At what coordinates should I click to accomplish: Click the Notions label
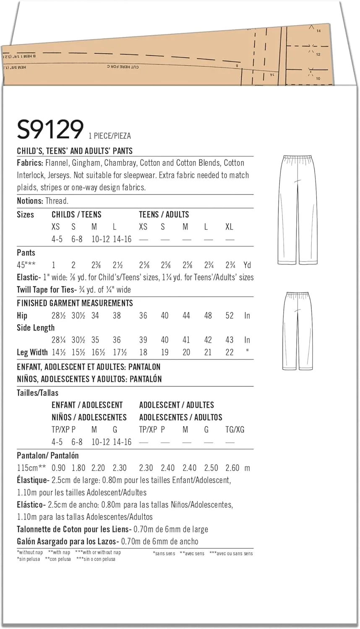(x=30, y=201)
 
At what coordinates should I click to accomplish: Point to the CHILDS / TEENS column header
(x=76, y=215)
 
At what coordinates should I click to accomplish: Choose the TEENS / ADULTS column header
(x=164, y=215)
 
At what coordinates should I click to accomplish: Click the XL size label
(x=229, y=227)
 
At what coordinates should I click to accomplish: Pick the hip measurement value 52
(x=229, y=316)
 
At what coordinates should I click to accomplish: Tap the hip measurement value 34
(x=95, y=316)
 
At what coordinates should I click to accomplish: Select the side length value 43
(x=229, y=340)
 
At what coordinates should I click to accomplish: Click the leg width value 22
(x=229, y=353)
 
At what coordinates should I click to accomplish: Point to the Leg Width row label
(x=32, y=353)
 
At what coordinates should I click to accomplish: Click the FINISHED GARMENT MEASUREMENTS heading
(x=75, y=303)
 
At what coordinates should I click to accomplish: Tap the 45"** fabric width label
(x=26, y=265)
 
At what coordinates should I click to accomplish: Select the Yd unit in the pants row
(x=247, y=265)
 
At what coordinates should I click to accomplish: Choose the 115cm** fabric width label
(x=31, y=468)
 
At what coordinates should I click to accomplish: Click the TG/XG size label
(x=235, y=430)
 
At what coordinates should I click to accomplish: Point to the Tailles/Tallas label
(x=38, y=393)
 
